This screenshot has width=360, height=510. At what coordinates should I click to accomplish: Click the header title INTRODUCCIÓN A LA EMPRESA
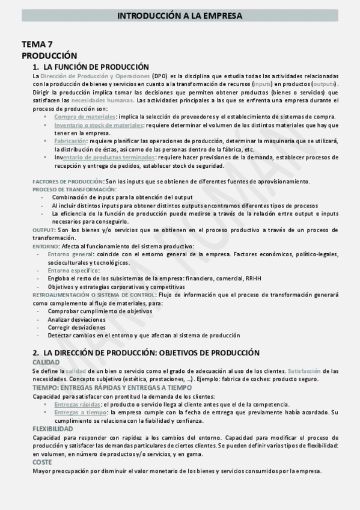pyautogui.click(x=180, y=16)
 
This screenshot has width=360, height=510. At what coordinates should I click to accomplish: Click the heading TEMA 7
pyautogui.click(x=37, y=45)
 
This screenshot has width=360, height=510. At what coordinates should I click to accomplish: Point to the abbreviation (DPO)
pyautogui.click(x=160, y=77)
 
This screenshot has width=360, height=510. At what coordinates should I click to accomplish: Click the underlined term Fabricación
pyautogui.click(x=70, y=140)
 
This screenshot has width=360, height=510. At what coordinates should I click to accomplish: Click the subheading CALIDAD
pyautogui.click(x=46, y=363)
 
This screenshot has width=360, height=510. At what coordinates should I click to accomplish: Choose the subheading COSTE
pyautogui.click(x=43, y=462)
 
